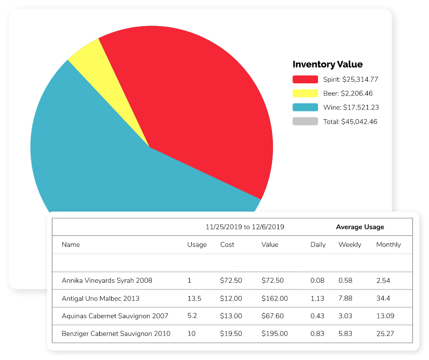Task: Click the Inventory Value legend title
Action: pos(327,64)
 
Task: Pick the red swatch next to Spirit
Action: pos(305,79)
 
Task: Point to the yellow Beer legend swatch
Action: pos(305,93)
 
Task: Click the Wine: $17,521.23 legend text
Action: pos(350,107)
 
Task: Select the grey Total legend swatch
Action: pos(305,122)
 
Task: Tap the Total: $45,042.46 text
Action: pos(350,122)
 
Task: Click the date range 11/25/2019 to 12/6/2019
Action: pos(244,227)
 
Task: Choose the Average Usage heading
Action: pos(359,227)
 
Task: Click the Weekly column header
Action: pos(350,244)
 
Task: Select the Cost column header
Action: pos(227,244)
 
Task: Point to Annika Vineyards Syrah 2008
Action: pos(107,280)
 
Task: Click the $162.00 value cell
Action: pos(275,298)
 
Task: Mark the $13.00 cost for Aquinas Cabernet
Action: pos(231,316)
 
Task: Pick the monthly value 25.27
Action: pos(385,334)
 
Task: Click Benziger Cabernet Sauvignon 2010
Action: pos(116,334)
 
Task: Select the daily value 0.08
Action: pos(317,280)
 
